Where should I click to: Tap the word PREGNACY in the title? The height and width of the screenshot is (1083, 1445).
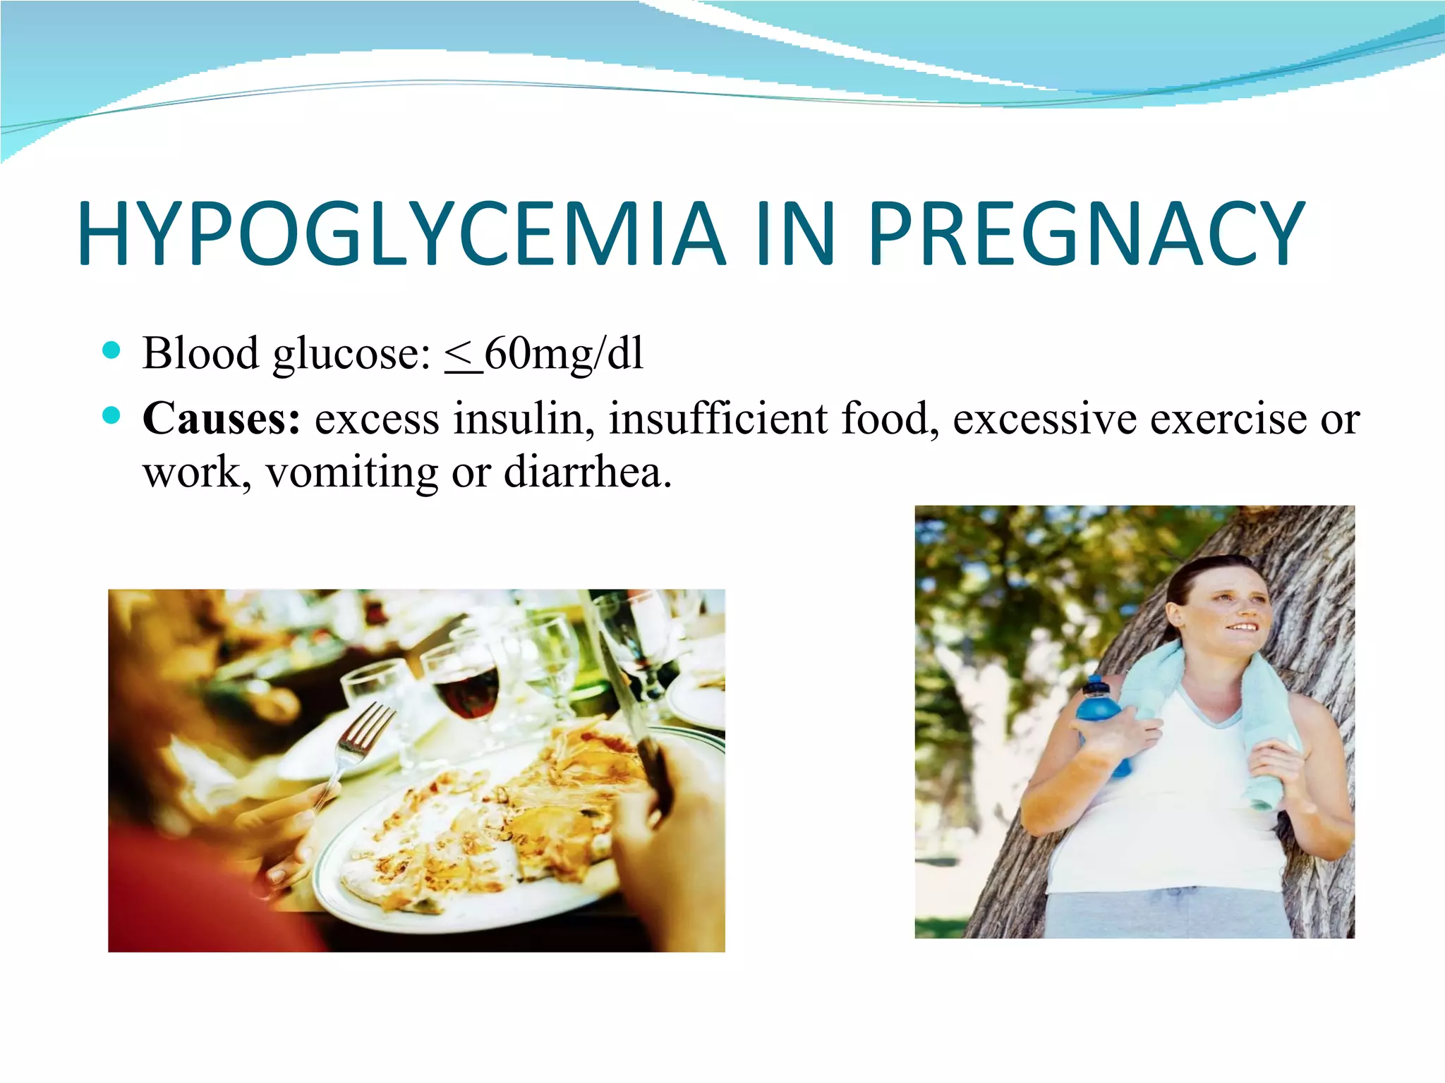[1086, 233]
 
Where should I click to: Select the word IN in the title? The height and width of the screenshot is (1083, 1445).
[795, 233]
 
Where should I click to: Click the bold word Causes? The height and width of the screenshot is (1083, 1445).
[221, 418]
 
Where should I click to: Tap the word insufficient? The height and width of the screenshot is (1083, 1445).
[718, 418]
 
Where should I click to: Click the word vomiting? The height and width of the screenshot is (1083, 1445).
[351, 472]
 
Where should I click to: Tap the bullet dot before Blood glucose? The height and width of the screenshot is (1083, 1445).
[111, 350]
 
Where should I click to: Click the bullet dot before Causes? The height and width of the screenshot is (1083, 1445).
[111, 416]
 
